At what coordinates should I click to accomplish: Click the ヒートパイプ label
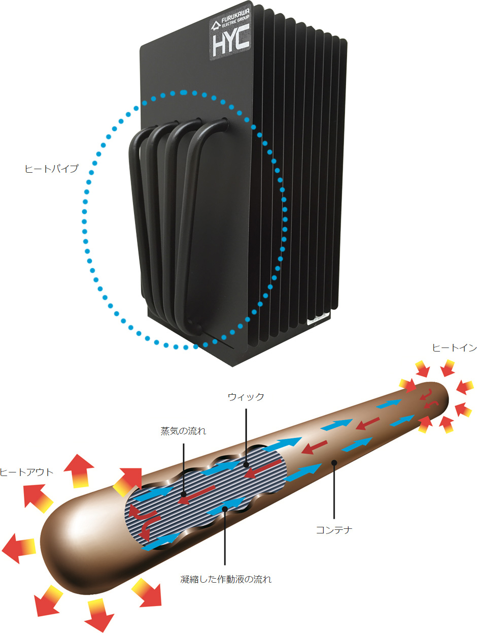[x=51, y=169]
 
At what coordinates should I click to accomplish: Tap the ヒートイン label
[x=454, y=348]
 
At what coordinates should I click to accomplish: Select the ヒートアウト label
[x=26, y=472]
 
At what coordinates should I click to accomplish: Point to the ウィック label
[x=246, y=397]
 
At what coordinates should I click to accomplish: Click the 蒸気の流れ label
[x=183, y=431]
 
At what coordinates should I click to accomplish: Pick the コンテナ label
[x=334, y=529]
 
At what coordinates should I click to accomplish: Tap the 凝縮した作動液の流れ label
[x=226, y=579]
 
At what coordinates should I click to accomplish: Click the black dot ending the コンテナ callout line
[x=334, y=463]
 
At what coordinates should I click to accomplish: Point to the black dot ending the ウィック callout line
[x=246, y=464]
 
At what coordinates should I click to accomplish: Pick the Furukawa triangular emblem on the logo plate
[x=216, y=26]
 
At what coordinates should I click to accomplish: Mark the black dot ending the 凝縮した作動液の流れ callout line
[x=225, y=509]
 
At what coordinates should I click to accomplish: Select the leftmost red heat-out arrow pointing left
[x=18, y=548]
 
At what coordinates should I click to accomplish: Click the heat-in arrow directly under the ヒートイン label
[x=448, y=368]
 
